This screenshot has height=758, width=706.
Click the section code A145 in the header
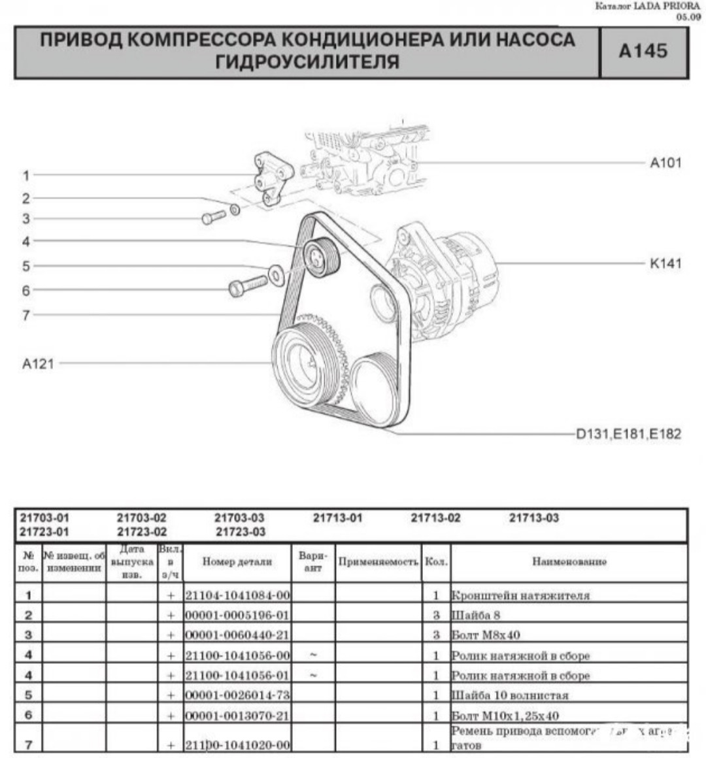pos(643,51)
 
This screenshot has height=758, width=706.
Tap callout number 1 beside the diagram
pos(26,175)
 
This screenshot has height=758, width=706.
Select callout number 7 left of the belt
pos(26,315)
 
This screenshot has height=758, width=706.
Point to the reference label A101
pos(665,163)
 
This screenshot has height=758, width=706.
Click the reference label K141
pos(665,264)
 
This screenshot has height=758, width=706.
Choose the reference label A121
pos(38,364)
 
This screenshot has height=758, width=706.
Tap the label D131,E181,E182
pos(628,433)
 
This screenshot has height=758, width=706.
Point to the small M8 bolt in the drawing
pos(213,218)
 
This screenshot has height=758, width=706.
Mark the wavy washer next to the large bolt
pos(275,274)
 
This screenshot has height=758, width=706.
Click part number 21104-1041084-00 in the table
pos(237,595)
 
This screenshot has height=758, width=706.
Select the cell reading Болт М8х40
pos(486,634)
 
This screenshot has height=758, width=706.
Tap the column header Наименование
pos(569,561)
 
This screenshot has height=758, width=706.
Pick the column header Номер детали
pos(237,561)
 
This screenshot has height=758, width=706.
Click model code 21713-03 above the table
pos(533,518)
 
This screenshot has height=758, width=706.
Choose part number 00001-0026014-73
pos(237,695)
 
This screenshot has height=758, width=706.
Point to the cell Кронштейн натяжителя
pos(520,595)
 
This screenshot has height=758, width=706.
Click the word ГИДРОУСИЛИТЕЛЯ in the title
pos(307,62)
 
